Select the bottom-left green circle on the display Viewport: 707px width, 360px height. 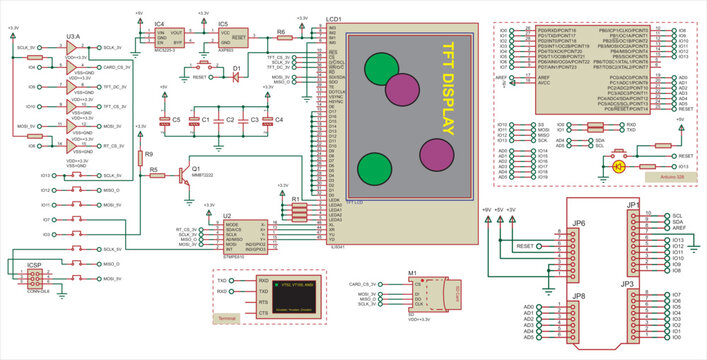[374, 168]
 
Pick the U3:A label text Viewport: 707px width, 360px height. [72, 37]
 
